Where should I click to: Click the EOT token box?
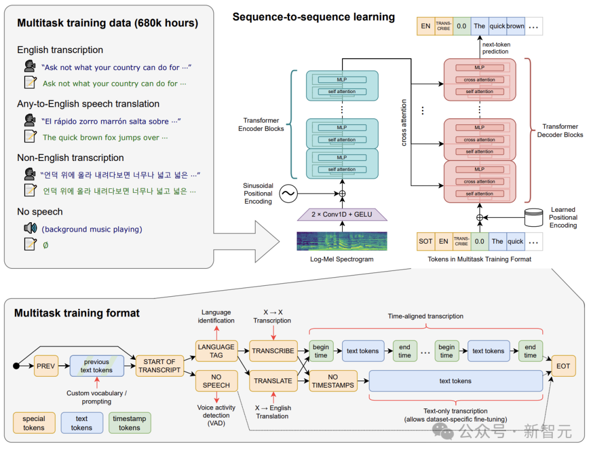[x=564, y=366]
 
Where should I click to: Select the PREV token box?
[x=46, y=366]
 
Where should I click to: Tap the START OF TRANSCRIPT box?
[x=160, y=366]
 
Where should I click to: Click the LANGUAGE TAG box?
[x=216, y=351]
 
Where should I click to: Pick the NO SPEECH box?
[x=216, y=381]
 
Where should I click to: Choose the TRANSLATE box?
[x=273, y=381]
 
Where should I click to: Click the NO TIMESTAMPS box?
[x=333, y=381]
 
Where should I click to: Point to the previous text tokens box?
[x=97, y=366]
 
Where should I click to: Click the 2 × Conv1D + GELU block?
[x=342, y=214]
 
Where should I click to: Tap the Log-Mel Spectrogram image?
[x=342, y=241]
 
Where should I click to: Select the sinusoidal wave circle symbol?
[x=287, y=193]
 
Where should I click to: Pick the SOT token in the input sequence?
[x=426, y=241]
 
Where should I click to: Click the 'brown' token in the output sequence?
[x=515, y=26]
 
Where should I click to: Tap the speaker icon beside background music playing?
[x=30, y=228]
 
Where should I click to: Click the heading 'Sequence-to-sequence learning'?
[x=314, y=17]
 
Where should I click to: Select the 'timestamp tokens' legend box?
[x=130, y=423]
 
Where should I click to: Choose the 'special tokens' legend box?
[x=34, y=423]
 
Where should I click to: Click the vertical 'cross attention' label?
[x=404, y=122]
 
